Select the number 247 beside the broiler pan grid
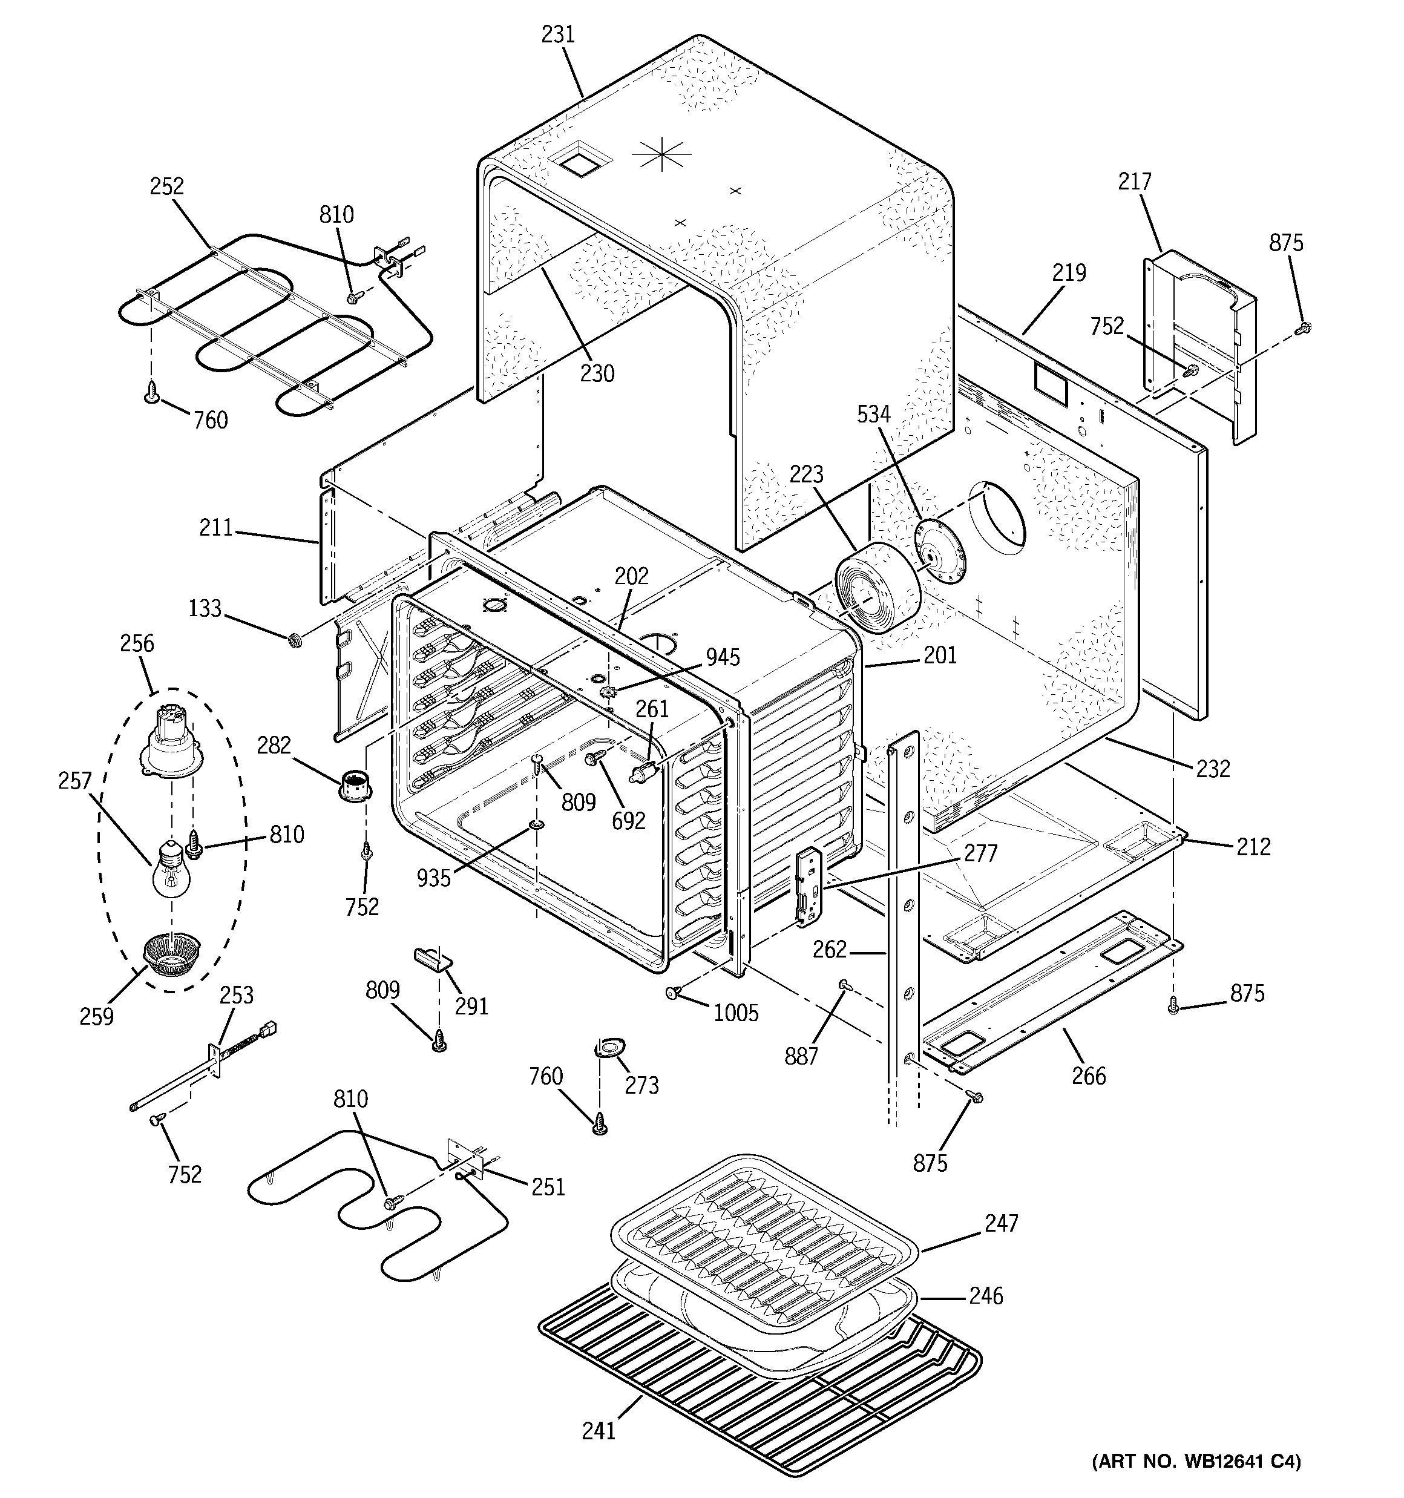click(1001, 1223)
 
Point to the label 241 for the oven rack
click(599, 1430)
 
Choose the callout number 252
click(166, 186)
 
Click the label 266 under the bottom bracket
click(1088, 1076)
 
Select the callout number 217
click(1134, 182)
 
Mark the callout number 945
click(723, 658)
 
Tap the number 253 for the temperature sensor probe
click(236, 996)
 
